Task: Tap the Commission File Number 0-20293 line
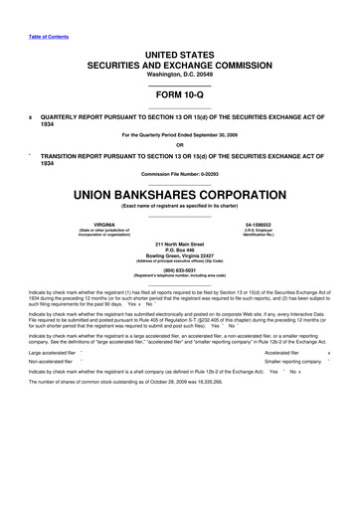180,175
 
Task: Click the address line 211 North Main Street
180,244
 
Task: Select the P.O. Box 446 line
180,250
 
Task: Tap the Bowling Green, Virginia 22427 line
180,255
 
